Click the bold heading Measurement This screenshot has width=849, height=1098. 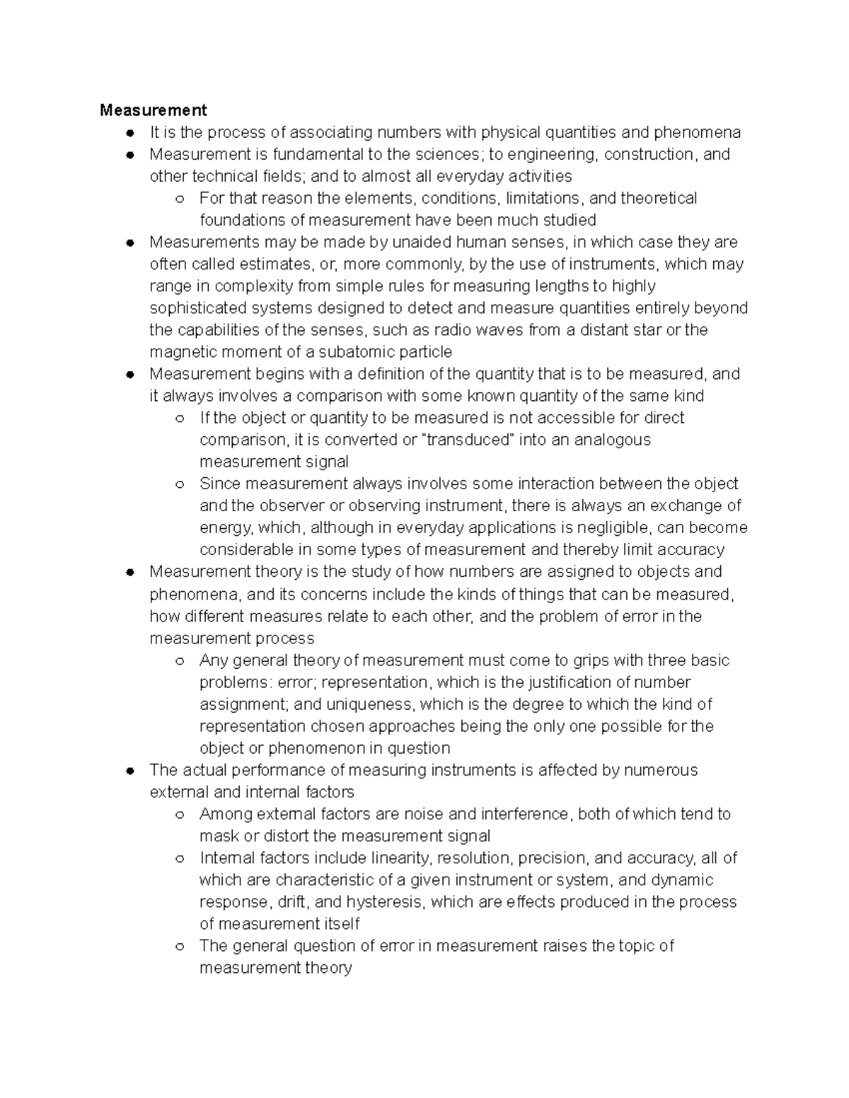click(x=154, y=110)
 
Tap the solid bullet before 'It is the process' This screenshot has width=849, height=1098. click(x=129, y=133)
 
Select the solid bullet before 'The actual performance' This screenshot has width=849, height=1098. click(x=129, y=771)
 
